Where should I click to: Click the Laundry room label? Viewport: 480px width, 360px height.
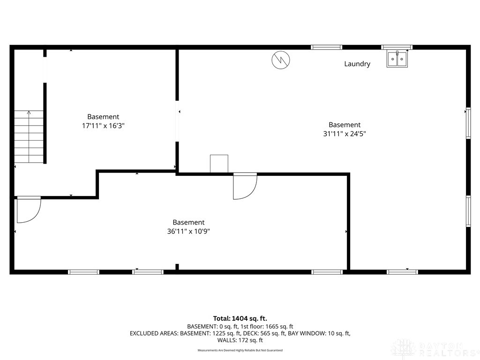(357, 64)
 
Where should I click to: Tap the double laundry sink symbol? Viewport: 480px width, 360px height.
(397, 59)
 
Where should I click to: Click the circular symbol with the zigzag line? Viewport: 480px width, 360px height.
(281, 60)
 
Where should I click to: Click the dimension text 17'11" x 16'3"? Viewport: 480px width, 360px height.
(103, 126)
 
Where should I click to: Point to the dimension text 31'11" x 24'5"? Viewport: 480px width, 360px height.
(345, 133)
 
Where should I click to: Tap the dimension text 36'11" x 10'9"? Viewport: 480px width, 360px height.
(188, 231)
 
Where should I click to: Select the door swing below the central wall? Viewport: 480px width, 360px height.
(245, 186)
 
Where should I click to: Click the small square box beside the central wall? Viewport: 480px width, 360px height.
(219, 164)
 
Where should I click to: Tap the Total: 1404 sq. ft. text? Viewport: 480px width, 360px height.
(240, 318)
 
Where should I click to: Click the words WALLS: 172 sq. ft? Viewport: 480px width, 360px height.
(240, 340)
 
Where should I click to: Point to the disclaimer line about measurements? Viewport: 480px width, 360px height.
(240, 350)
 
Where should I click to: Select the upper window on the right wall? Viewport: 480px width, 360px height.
(468, 123)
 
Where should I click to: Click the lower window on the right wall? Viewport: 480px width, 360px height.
(468, 211)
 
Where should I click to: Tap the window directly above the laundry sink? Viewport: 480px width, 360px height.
(397, 47)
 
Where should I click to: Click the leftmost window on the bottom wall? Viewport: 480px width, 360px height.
(84, 272)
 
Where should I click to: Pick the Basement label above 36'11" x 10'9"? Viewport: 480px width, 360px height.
(188, 222)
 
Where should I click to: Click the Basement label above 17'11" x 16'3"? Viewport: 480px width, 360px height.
(103, 117)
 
